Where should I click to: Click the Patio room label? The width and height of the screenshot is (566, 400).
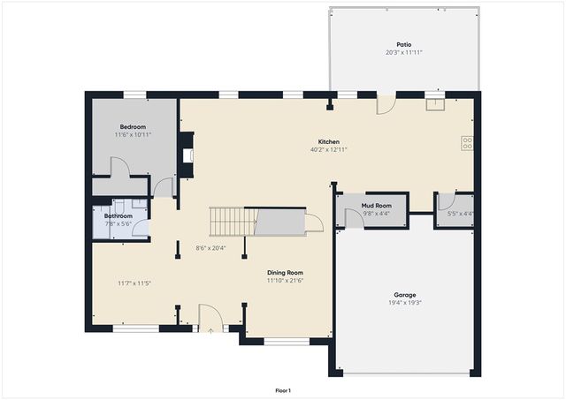(403, 45)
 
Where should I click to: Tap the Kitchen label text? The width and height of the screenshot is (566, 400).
(329, 141)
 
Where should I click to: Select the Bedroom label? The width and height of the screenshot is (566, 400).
(134, 126)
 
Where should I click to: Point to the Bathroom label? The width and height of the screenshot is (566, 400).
(119, 216)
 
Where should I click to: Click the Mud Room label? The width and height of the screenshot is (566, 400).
(376, 206)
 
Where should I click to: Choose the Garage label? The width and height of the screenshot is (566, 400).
(405, 295)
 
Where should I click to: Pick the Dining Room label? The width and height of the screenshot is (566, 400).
(286, 273)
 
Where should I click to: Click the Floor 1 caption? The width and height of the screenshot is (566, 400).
(283, 390)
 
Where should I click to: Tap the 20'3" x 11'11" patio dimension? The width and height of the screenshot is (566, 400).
(403, 53)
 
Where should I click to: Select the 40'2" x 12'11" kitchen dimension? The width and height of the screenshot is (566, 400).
(329, 149)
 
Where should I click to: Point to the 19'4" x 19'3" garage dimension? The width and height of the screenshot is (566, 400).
(405, 303)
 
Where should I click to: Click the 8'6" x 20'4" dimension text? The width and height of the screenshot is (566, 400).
(210, 248)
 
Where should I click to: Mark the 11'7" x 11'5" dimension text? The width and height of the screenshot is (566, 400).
(134, 283)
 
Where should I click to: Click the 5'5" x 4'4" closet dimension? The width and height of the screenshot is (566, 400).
(460, 214)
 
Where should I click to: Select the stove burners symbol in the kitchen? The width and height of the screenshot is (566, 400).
(467, 141)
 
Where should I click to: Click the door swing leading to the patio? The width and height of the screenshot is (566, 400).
(386, 104)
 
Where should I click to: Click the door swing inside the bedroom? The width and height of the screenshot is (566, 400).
(119, 168)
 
